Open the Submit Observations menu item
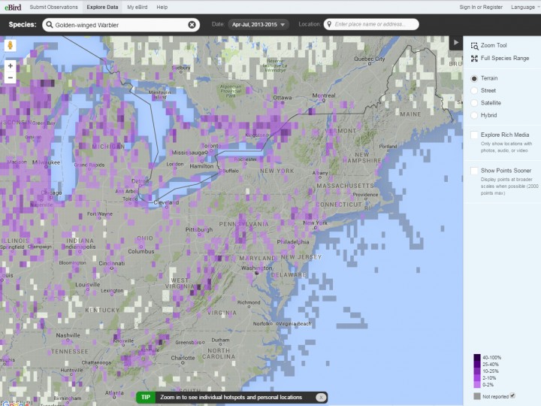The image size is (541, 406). point(54,7)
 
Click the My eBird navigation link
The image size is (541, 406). point(137,7)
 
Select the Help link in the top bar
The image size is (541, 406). point(162,7)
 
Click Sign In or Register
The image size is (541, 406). point(481,7)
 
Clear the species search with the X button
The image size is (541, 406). point(192,24)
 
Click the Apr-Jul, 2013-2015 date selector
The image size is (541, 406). point(258,24)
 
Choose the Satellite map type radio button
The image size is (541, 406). point(474,103)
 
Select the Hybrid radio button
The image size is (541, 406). point(474,115)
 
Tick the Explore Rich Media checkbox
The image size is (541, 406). point(474,135)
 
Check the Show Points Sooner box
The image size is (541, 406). point(474,171)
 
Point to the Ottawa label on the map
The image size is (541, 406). point(282,98)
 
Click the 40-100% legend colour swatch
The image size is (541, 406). point(477,358)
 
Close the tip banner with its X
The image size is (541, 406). point(320,397)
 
